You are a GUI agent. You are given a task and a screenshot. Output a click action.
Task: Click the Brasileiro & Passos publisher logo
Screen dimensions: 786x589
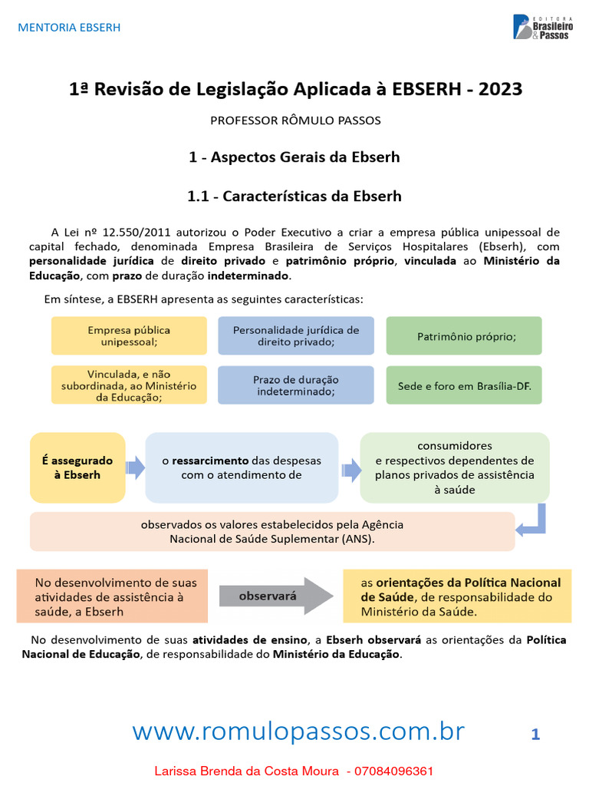pyautogui.click(x=541, y=27)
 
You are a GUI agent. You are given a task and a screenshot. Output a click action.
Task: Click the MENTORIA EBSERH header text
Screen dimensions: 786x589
pyautogui.click(x=69, y=28)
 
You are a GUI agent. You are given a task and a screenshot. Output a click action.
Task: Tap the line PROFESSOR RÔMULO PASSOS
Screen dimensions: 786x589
pyautogui.click(x=295, y=121)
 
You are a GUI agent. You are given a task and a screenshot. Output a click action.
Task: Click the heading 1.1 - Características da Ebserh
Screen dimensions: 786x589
pyautogui.click(x=294, y=196)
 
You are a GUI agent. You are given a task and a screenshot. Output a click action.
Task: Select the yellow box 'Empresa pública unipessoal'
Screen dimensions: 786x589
pyautogui.click(x=129, y=336)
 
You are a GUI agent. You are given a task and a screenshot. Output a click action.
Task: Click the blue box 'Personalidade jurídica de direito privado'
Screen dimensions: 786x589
pyautogui.click(x=295, y=336)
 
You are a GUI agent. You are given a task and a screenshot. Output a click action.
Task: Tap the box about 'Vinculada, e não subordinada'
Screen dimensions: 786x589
pyautogui.click(x=129, y=385)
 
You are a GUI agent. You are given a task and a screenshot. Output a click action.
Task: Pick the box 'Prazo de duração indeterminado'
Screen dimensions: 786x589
pyautogui.click(x=295, y=385)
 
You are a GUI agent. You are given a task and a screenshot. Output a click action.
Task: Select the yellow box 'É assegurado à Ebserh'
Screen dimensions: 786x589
pyautogui.click(x=77, y=467)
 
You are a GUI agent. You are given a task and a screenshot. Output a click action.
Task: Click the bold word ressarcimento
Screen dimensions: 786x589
pyautogui.click(x=210, y=461)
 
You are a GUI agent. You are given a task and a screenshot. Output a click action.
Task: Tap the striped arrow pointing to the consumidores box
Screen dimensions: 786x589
pyautogui.click(x=351, y=467)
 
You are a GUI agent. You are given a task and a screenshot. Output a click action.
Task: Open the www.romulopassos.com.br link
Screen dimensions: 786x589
pyautogui.click(x=298, y=732)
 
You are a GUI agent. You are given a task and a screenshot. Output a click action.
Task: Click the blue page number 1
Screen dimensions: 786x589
pyautogui.click(x=535, y=735)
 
